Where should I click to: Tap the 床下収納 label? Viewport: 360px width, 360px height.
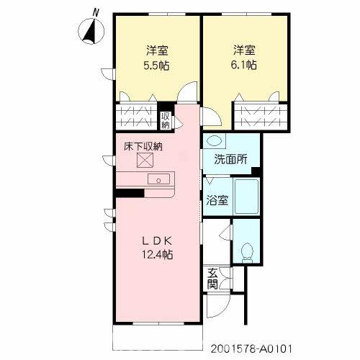[x=143, y=147]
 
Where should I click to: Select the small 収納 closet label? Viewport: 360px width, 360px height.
[x=165, y=120]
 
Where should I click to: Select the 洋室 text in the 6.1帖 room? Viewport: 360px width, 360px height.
[x=243, y=50]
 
